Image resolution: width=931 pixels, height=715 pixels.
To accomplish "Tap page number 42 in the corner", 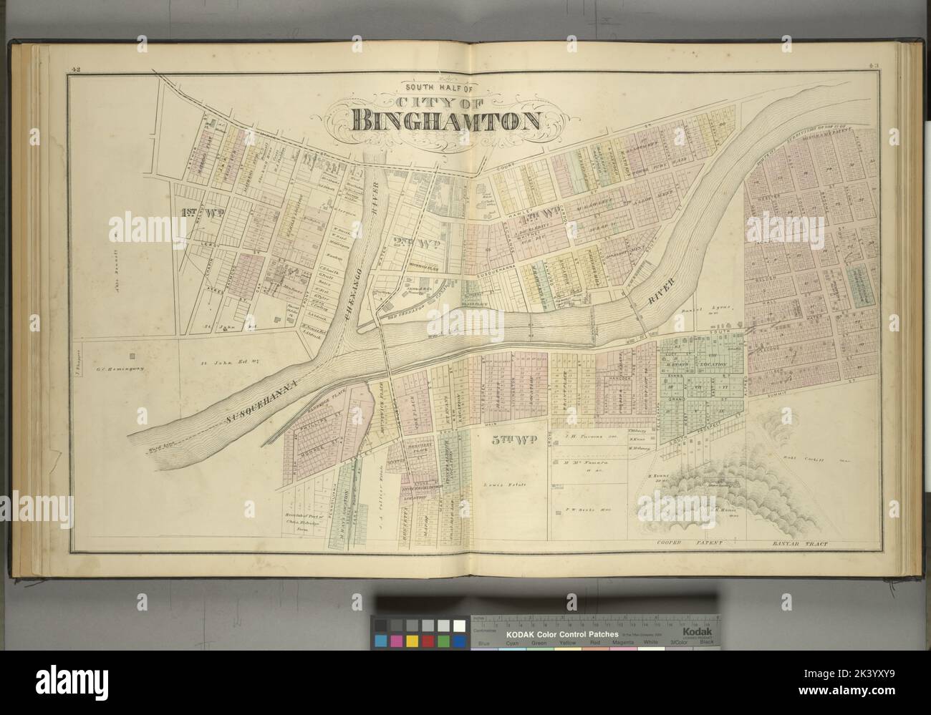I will point(74,69).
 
